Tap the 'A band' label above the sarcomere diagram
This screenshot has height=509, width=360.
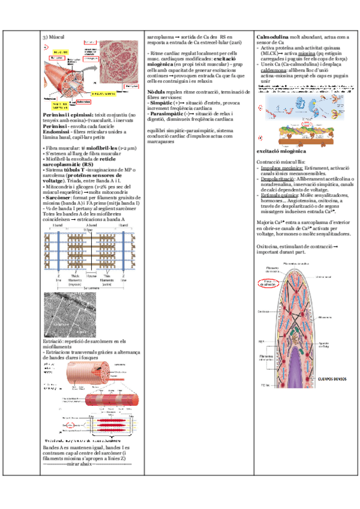click(91, 224)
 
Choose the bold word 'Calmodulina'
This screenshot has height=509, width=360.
click(272, 37)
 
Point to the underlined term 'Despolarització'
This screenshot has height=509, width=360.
click(278, 179)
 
